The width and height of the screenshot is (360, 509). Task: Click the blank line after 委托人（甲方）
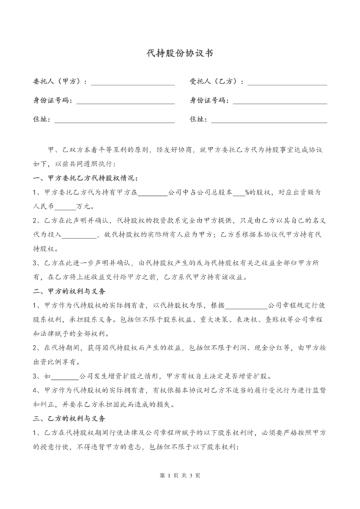coord(133,82)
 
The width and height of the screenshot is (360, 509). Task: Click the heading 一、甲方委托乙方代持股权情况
coord(85,177)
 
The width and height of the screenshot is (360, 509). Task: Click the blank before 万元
coord(65,207)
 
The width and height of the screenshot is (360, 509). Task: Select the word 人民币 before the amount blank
coord(42,207)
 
